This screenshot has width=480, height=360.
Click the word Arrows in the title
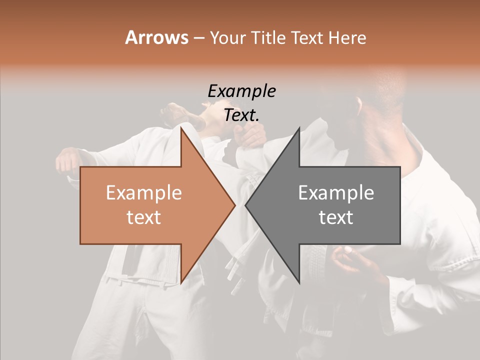(x=156, y=37)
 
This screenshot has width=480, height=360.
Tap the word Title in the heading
(x=267, y=38)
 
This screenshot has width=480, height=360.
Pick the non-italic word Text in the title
(x=307, y=38)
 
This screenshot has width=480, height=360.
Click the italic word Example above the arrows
(x=241, y=91)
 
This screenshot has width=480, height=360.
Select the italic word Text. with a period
(x=241, y=115)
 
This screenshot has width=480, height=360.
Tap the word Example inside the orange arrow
(x=143, y=193)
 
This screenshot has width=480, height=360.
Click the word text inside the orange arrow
(x=143, y=217)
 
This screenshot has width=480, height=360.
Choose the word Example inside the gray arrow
(x=336, y=193)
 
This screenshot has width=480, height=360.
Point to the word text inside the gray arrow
(x=336, y=217)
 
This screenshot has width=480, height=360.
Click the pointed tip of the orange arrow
(x=234, y=205)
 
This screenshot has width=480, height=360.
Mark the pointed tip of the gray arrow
(x=246, y=205)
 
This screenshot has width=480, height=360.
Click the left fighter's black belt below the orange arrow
(x=131, y=260)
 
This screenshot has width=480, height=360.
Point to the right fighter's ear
(x=359, y=105)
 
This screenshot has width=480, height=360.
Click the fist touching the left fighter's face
(x=250, y=134)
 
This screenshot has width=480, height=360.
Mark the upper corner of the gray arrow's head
(x=299, y=127)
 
